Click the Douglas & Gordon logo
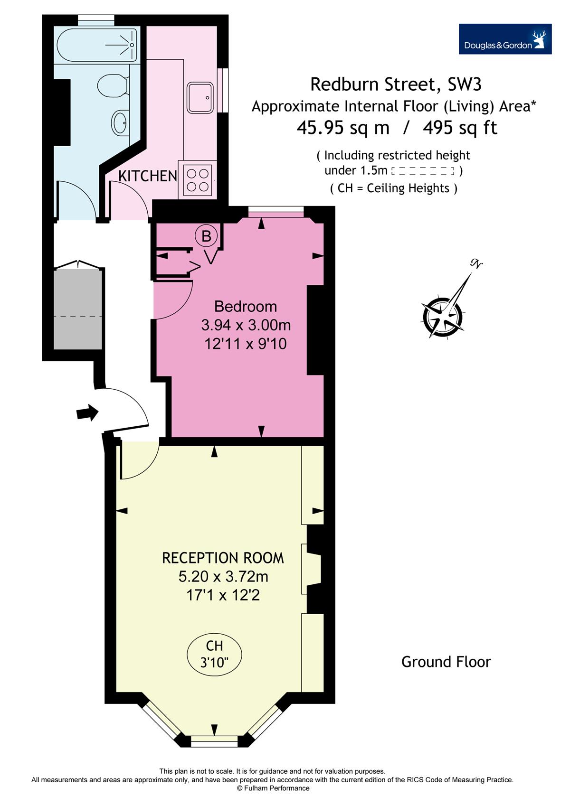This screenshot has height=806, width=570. (x=505, y=39)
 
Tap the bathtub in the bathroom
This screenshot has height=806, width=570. (x=97, y=45)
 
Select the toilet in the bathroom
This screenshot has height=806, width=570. (x=113, y=85)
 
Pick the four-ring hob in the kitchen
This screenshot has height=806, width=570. (x=198, y=180)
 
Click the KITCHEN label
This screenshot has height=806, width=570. (x=148, y=176)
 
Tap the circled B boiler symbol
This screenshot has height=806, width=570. (x=206, y=236)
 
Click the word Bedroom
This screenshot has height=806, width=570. (x=246, y=307)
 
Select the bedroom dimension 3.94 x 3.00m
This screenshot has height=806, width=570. (x=246, y=325)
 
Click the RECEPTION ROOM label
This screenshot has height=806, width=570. (x=223, y=558)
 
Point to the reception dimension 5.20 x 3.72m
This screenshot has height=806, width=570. (x=223, y=576)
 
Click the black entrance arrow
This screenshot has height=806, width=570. (x=87, y=412)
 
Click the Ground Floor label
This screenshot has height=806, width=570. (x=446, y=662)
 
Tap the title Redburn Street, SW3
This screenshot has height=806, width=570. (x=396, y=84)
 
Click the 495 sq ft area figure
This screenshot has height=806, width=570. (x=460, y=127)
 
